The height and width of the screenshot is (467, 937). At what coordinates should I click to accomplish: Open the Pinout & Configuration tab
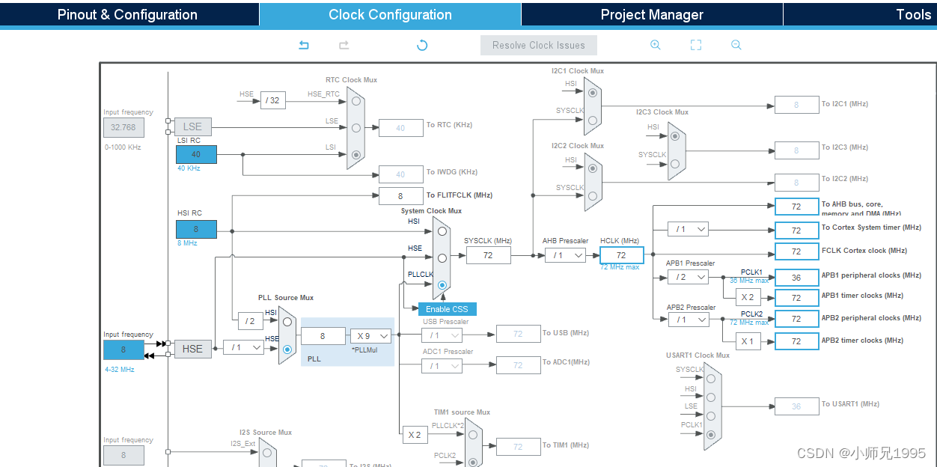tap(127, 15)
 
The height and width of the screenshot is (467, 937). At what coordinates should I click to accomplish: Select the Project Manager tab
tap(652, 15)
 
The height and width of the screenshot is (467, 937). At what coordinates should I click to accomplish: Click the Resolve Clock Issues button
tap(539, 45)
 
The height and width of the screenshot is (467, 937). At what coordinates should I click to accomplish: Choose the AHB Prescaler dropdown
tap(565, 255)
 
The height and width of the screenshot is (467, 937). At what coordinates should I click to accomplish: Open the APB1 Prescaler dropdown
tap(688, 277)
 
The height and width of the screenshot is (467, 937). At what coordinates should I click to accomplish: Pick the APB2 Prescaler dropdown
tap(688, 320)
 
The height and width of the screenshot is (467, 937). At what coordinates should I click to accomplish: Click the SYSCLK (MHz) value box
tap(488, 255)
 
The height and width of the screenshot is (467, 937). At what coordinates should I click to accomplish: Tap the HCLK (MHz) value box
tap(621, 255)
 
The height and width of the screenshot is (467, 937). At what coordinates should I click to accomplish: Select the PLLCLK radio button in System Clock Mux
tap(442, 285)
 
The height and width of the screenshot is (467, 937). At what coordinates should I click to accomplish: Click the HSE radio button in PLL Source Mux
tap(287, 349)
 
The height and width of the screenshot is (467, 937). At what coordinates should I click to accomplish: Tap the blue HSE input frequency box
tap(123, 350)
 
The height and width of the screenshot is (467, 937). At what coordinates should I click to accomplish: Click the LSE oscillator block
tap(192, 126)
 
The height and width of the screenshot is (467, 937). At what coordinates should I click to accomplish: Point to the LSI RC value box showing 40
tap(196, 154)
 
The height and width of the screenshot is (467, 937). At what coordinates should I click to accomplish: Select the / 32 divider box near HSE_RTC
tap(273, 100)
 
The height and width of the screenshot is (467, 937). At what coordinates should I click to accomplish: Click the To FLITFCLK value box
tap(400, 196)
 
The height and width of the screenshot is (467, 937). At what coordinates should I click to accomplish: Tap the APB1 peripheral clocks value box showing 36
tap(796, 277)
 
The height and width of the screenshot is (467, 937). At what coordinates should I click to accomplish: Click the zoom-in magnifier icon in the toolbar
tap(656, 45)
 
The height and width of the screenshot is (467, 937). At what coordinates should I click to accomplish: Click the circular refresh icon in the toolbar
tap(422, 45)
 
